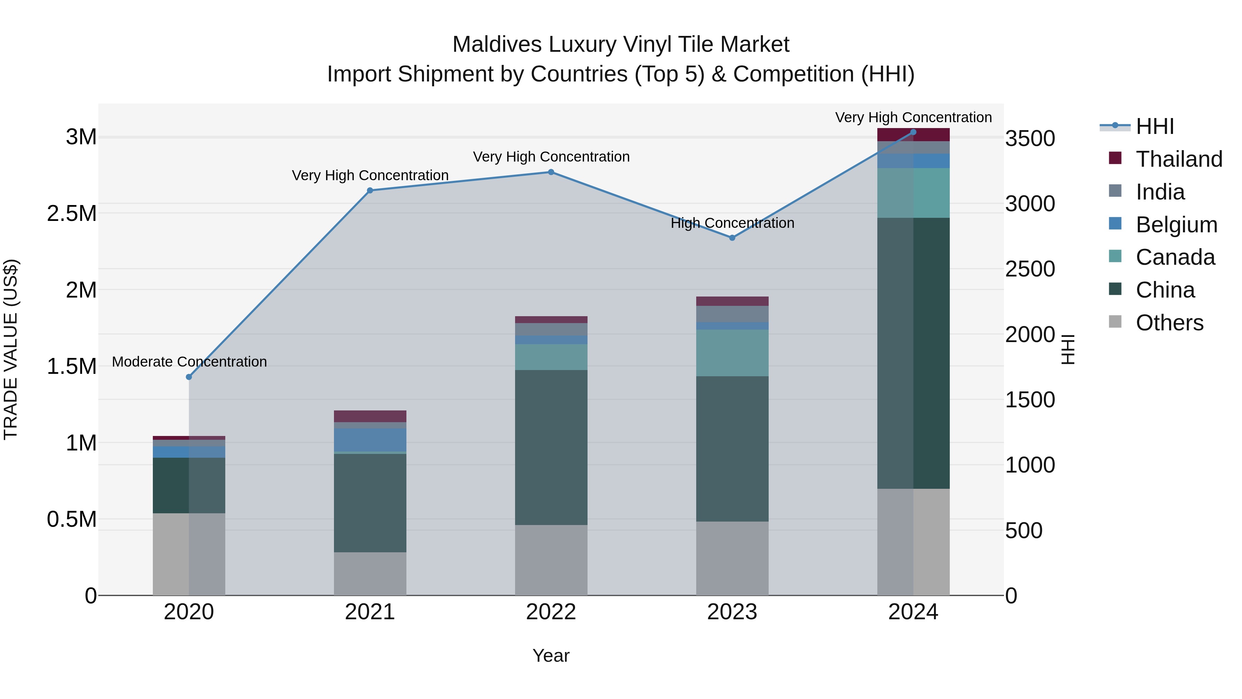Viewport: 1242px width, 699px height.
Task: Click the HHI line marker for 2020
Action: [189, 377]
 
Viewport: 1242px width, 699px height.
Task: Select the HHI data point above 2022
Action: [551, 172]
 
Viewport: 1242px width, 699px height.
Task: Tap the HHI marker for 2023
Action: [732, 238]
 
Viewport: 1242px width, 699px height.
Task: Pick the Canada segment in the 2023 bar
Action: [732, 353]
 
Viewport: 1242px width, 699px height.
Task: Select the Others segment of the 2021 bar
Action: [370, 574]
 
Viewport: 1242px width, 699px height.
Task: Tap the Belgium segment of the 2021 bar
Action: [370, 439]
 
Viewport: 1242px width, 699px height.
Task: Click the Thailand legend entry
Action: [1179, 159]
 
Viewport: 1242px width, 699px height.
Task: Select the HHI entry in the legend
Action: [1154, 126]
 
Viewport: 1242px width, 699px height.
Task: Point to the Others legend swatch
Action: [1115, 322]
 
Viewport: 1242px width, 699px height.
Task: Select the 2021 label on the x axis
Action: [370, 612]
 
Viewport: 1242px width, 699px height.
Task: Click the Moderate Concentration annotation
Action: [189, 362]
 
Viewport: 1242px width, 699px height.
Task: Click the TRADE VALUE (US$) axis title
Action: [11, 349]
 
